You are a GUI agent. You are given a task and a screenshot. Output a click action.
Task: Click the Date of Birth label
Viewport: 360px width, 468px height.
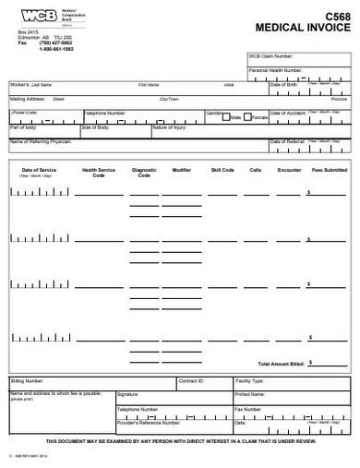(286, 84)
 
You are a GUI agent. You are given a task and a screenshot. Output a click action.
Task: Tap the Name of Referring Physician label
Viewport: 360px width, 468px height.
(42, 140)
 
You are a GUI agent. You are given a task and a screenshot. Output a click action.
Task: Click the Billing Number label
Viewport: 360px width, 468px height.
(28, 380)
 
